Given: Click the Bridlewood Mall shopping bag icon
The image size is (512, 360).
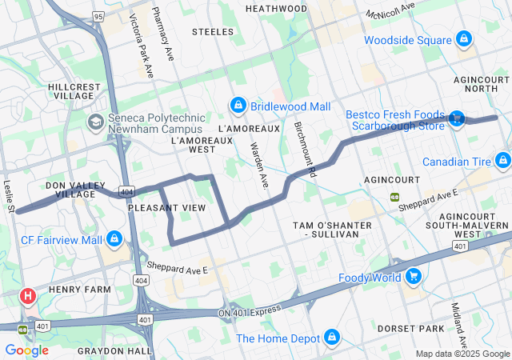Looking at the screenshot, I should [238, 106].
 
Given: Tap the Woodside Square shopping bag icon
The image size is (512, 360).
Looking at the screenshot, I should [463, 39].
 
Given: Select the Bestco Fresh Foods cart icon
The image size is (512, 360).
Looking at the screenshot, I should [456, 118].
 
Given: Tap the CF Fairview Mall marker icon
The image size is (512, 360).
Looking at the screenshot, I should [115, 239].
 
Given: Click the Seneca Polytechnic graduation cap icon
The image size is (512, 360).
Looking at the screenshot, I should [95, 122].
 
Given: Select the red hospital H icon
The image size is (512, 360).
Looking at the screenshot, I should [28, 297].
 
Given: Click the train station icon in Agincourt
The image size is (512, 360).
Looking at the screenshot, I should [394, 197].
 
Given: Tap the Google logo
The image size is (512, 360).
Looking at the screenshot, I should [26, 350].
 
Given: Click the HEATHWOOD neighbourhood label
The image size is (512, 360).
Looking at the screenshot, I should [276, 8].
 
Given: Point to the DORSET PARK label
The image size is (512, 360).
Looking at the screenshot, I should [434, 328].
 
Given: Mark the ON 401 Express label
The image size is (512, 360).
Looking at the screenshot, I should [250, 312].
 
